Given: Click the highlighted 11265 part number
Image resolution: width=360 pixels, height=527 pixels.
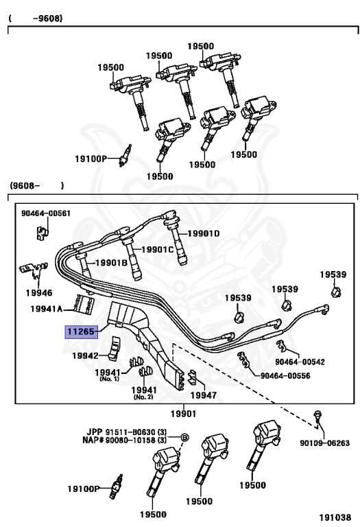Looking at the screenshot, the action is click(x=81, y=331).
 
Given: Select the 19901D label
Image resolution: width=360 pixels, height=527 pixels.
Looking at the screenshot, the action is click(x=203, y=233).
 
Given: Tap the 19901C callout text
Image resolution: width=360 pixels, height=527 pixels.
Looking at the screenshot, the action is click(x=158, y=249).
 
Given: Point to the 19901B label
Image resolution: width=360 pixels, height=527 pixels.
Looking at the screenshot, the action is click(x=111, y=263).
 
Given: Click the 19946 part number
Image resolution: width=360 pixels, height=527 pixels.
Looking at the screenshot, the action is click(x=39, y=293).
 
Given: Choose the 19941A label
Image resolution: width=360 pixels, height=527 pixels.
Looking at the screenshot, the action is click(x=47, y=309).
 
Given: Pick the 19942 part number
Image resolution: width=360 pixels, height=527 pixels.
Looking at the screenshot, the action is click(x=85, y=355).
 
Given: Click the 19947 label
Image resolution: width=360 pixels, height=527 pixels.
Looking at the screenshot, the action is click(x=204, y=395).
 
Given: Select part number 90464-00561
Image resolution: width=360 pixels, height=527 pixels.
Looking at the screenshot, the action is click(x=46, y=213).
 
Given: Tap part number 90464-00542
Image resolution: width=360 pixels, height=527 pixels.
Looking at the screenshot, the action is click(x=300, y=362).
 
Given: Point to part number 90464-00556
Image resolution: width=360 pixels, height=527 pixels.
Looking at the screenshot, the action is click(x=285, y=375).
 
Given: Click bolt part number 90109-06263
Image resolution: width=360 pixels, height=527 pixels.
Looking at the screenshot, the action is click(x=325, y=443).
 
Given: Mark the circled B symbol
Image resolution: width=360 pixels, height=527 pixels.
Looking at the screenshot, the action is click(x=184, y=438).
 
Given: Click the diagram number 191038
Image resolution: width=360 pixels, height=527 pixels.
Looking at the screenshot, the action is click(x=335, y=517).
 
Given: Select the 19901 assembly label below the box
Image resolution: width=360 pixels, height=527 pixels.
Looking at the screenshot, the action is click(x=183, y=414).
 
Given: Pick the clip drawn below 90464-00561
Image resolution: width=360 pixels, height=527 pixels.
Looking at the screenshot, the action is click(x=43, y=232).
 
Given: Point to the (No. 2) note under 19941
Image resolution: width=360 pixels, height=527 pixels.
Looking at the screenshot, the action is click(x=143, y=397).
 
